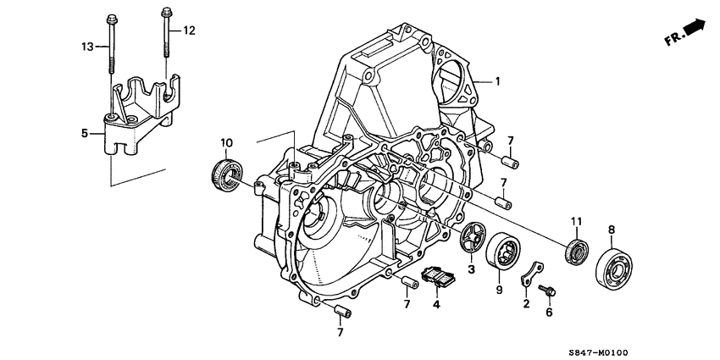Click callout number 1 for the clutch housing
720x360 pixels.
pos(498,82)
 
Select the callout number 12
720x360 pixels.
pos(189,31)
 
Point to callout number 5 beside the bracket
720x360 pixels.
pos(84,133)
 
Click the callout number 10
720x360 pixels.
pos(226,141)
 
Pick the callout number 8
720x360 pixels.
pos(612,229)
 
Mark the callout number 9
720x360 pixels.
pos(499,290)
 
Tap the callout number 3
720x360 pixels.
pos(472,269)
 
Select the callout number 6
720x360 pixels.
pos(548,312)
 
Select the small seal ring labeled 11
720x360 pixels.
pos(577,251)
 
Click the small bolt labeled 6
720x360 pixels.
pos(548,291)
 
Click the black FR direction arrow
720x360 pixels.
pos(695,28)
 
